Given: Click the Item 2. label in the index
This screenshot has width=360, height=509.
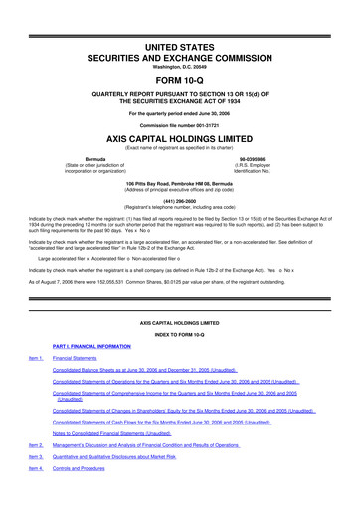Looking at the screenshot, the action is tap(36, 460).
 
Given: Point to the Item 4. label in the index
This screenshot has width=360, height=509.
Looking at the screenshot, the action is tap(36, 495).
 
